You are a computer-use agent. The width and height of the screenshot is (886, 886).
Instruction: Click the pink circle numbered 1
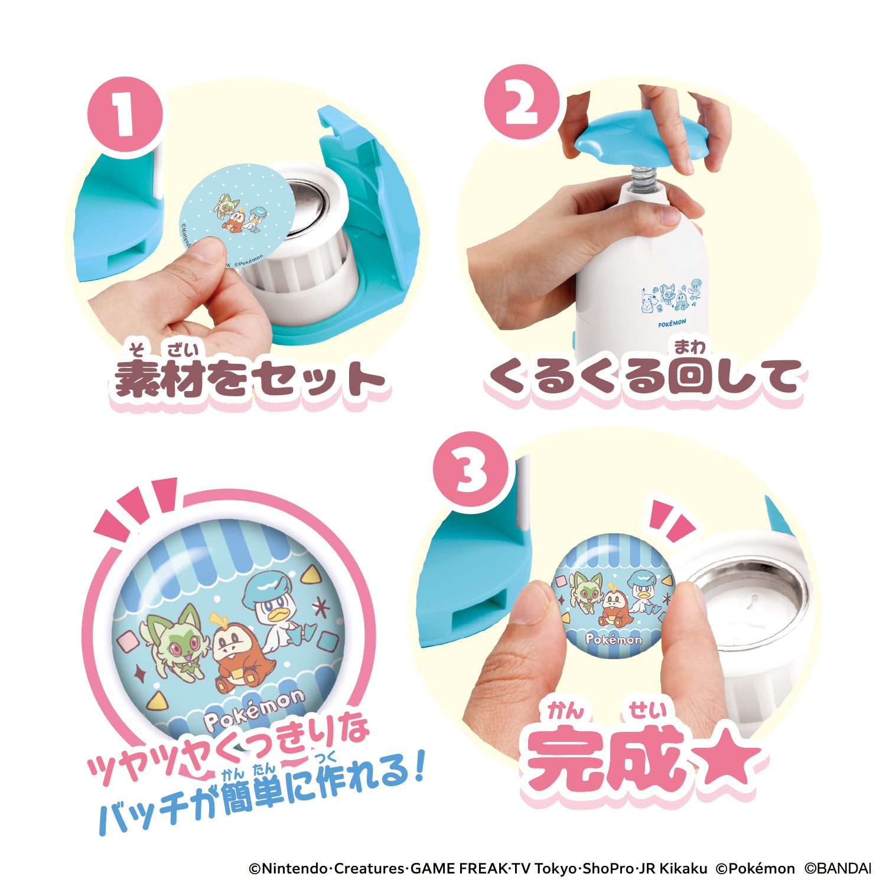coord(125,116)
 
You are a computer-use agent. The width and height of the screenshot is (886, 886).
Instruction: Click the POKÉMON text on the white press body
coord(672,323)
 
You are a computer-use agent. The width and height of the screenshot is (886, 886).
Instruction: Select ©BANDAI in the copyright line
coord(839,868)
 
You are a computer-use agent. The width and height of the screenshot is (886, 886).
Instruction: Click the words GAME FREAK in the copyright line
coord(458,868)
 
